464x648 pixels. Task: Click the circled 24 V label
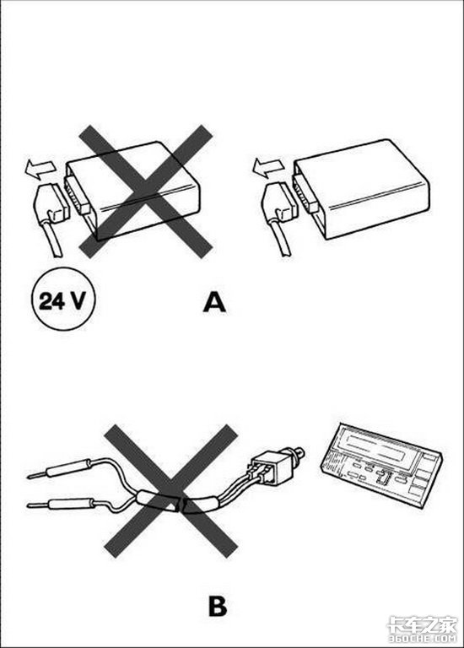click(x=63, y=300)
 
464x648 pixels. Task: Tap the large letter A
click(x=214, y=302)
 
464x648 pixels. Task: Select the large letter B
click(x=218, y=607)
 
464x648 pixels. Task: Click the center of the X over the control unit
click(x=145, y=191)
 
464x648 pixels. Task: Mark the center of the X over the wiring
click(x=170, y=491)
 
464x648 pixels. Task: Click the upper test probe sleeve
click(x=68, y=468)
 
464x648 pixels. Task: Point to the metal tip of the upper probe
click(x=37, y=475)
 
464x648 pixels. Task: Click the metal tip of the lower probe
click(x=38, y=505)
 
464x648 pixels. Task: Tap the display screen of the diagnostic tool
click(x=381, y=447)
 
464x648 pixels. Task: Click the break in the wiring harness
click(x=181, y=505)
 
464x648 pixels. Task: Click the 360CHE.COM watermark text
click(x=422, y=639)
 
